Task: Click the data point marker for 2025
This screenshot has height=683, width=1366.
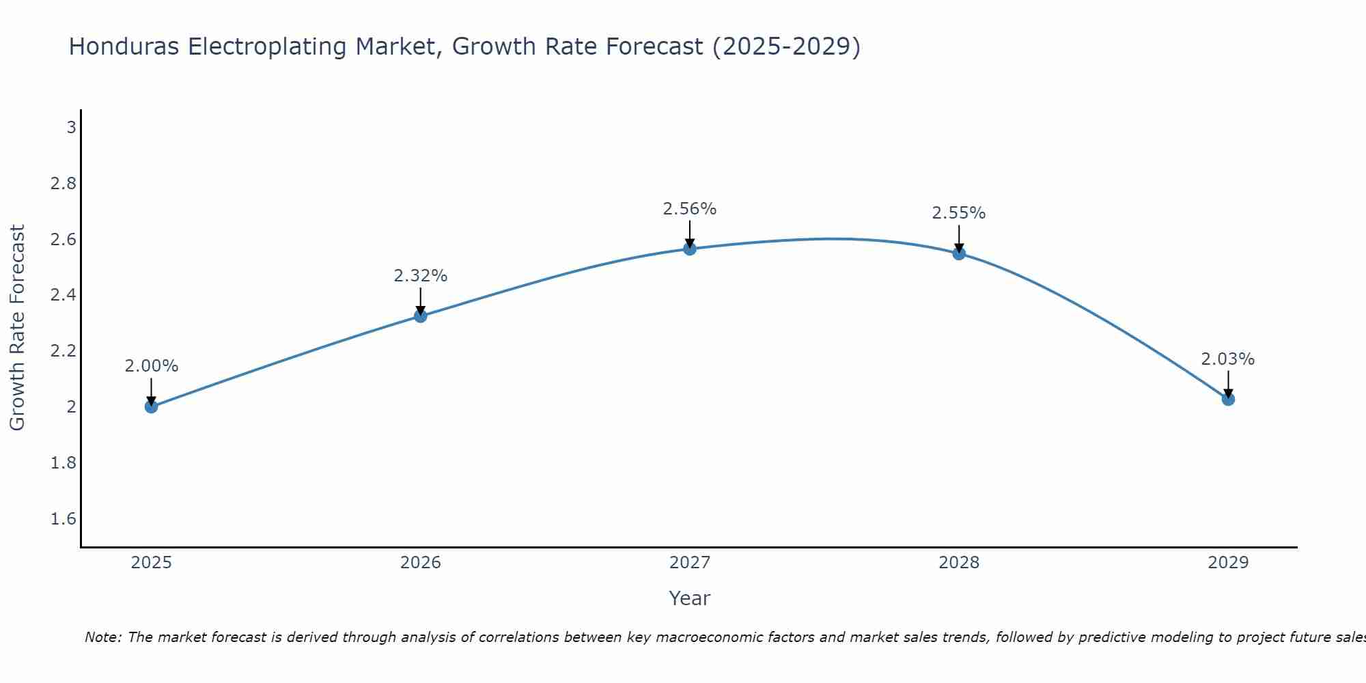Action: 151,406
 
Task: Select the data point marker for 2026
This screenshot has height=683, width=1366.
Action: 421,316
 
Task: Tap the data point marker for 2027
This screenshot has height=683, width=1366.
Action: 690,249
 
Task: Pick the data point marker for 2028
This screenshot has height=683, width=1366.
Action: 959,253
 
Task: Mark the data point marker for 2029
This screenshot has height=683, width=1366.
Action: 1228,399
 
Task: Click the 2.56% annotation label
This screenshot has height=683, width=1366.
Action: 690,209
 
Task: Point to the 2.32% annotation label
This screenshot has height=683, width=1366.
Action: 421,276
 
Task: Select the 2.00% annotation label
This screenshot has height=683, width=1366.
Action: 151,366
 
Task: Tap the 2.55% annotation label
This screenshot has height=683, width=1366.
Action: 959,213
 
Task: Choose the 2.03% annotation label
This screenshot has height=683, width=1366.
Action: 1228,359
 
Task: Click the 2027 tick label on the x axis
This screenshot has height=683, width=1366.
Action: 690,563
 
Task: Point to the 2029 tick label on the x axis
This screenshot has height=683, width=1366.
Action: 1228,563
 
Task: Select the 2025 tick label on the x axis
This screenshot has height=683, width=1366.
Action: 151,563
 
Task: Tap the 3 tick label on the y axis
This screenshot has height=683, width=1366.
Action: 71,127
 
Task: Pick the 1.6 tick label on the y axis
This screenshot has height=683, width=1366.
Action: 64,519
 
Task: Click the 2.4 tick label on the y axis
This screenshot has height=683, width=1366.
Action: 64,295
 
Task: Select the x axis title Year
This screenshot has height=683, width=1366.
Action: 690,598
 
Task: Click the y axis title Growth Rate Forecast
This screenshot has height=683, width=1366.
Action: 17,328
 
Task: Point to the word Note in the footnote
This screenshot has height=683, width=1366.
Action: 102,637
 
